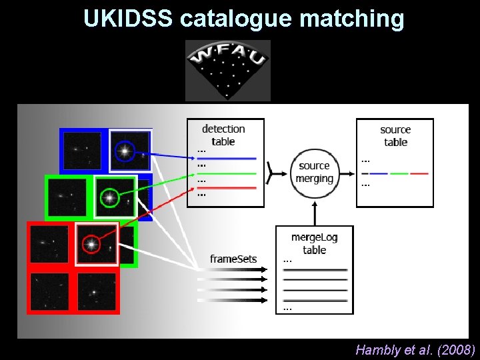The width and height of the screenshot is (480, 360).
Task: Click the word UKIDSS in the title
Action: click(x=128, y=18)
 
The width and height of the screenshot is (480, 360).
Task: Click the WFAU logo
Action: click(x=228, y=70)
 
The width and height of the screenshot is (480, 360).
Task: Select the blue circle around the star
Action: click(x=124, y=151)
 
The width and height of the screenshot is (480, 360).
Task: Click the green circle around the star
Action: click(x=109, y=198)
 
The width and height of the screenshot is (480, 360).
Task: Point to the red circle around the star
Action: click(x=91, y=245)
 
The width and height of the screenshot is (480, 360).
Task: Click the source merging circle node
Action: click(x=314, y=173)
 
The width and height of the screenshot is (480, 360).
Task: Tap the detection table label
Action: click(x=223, y=135)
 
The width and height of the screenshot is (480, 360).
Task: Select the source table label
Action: click(x=395, y=135)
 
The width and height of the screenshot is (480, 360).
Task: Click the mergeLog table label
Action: click(x=314, y=243)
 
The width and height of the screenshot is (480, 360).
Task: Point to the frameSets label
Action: click(x=233, y=259)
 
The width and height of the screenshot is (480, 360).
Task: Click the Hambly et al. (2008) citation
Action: click(x=415, y=350)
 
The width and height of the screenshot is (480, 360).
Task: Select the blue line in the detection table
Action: click(x=227, y=159)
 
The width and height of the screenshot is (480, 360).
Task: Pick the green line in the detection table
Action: click(x=227, y=173)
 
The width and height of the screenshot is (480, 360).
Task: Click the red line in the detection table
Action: click(x=227, y=188)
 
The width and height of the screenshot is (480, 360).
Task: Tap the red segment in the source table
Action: click(x=419, y=173)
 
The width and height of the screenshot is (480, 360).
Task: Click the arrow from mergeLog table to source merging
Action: click(x=314, y=213)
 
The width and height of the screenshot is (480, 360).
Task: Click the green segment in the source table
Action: click(x=399, y=173)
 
